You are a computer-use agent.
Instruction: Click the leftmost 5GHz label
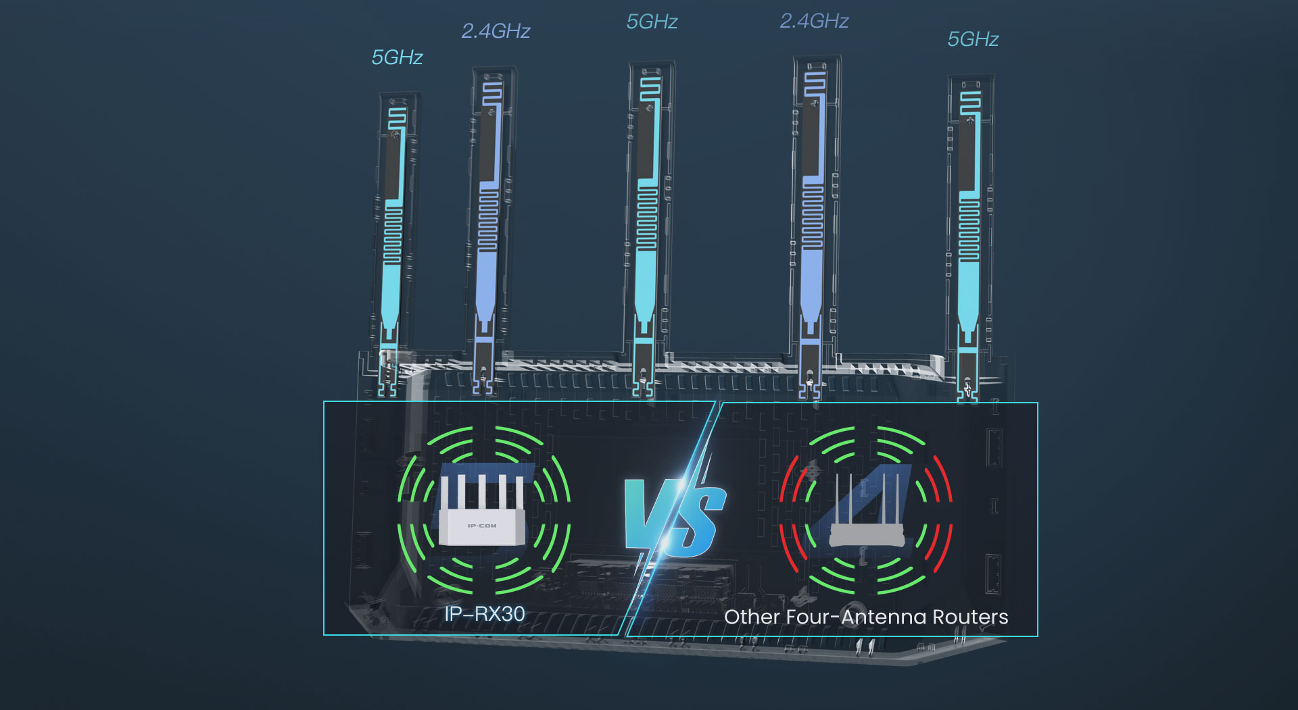coord(397,57)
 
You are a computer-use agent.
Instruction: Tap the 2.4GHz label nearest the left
coord(496,31)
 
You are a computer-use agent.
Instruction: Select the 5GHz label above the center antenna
coord(652,22)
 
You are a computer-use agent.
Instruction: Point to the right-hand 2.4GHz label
coord(814,21)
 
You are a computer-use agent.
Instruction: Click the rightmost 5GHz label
coord(973,39)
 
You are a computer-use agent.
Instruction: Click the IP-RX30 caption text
coord(484,614)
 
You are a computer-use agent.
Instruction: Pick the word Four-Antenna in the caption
coord(861,617)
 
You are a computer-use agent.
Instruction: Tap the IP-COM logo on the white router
coord(481,526)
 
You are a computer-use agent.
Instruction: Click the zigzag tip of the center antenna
coord(650,88)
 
